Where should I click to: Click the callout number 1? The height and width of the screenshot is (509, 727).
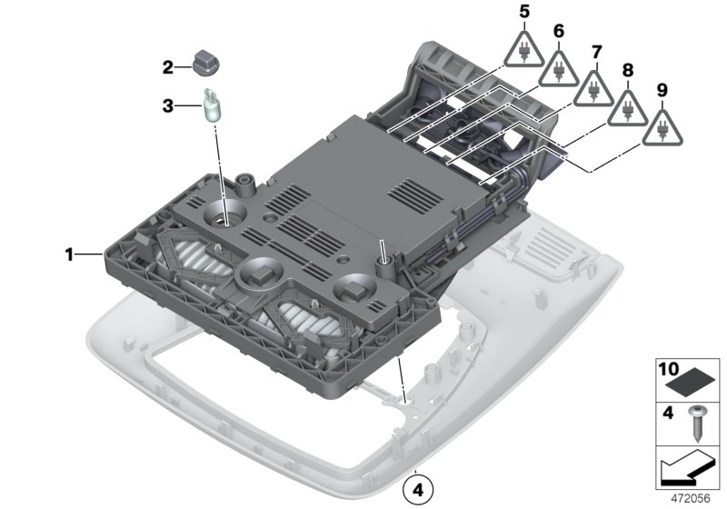pos(69,255)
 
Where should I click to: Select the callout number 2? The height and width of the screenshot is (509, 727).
pos(167,66)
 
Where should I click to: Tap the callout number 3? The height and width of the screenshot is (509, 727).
pos(167,105)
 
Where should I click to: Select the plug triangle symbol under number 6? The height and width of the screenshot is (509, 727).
pos(559,68)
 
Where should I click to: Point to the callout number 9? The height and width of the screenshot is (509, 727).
pos(662,89)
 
